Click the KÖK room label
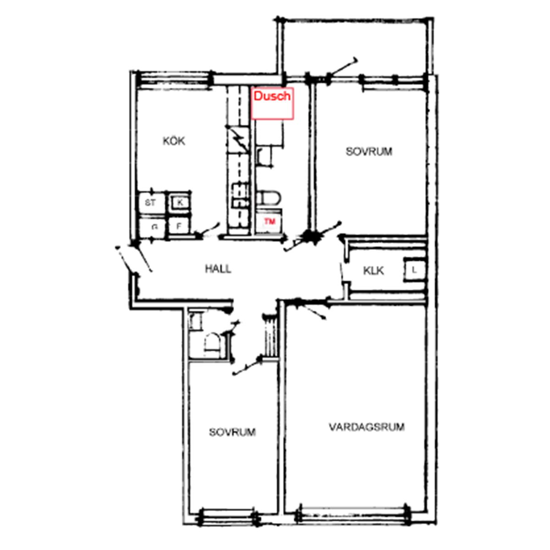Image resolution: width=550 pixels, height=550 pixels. pos(174,141)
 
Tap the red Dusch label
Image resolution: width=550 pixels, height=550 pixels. pos(272,96)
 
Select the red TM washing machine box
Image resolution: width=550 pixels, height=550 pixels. pos(269,221)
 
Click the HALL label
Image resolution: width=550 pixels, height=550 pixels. pos(218,269)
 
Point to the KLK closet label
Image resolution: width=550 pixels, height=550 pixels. pos(374,270)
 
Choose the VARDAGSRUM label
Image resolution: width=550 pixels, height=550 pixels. pos(367,427)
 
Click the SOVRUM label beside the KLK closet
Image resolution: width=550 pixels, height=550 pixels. pos(369,151)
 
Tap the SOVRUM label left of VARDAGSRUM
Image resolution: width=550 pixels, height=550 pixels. pos(232,432)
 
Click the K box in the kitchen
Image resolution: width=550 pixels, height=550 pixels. pos(180,203)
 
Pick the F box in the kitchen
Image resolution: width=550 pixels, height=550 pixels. pos(179,226)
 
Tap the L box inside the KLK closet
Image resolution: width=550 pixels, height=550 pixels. pos(414,269)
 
